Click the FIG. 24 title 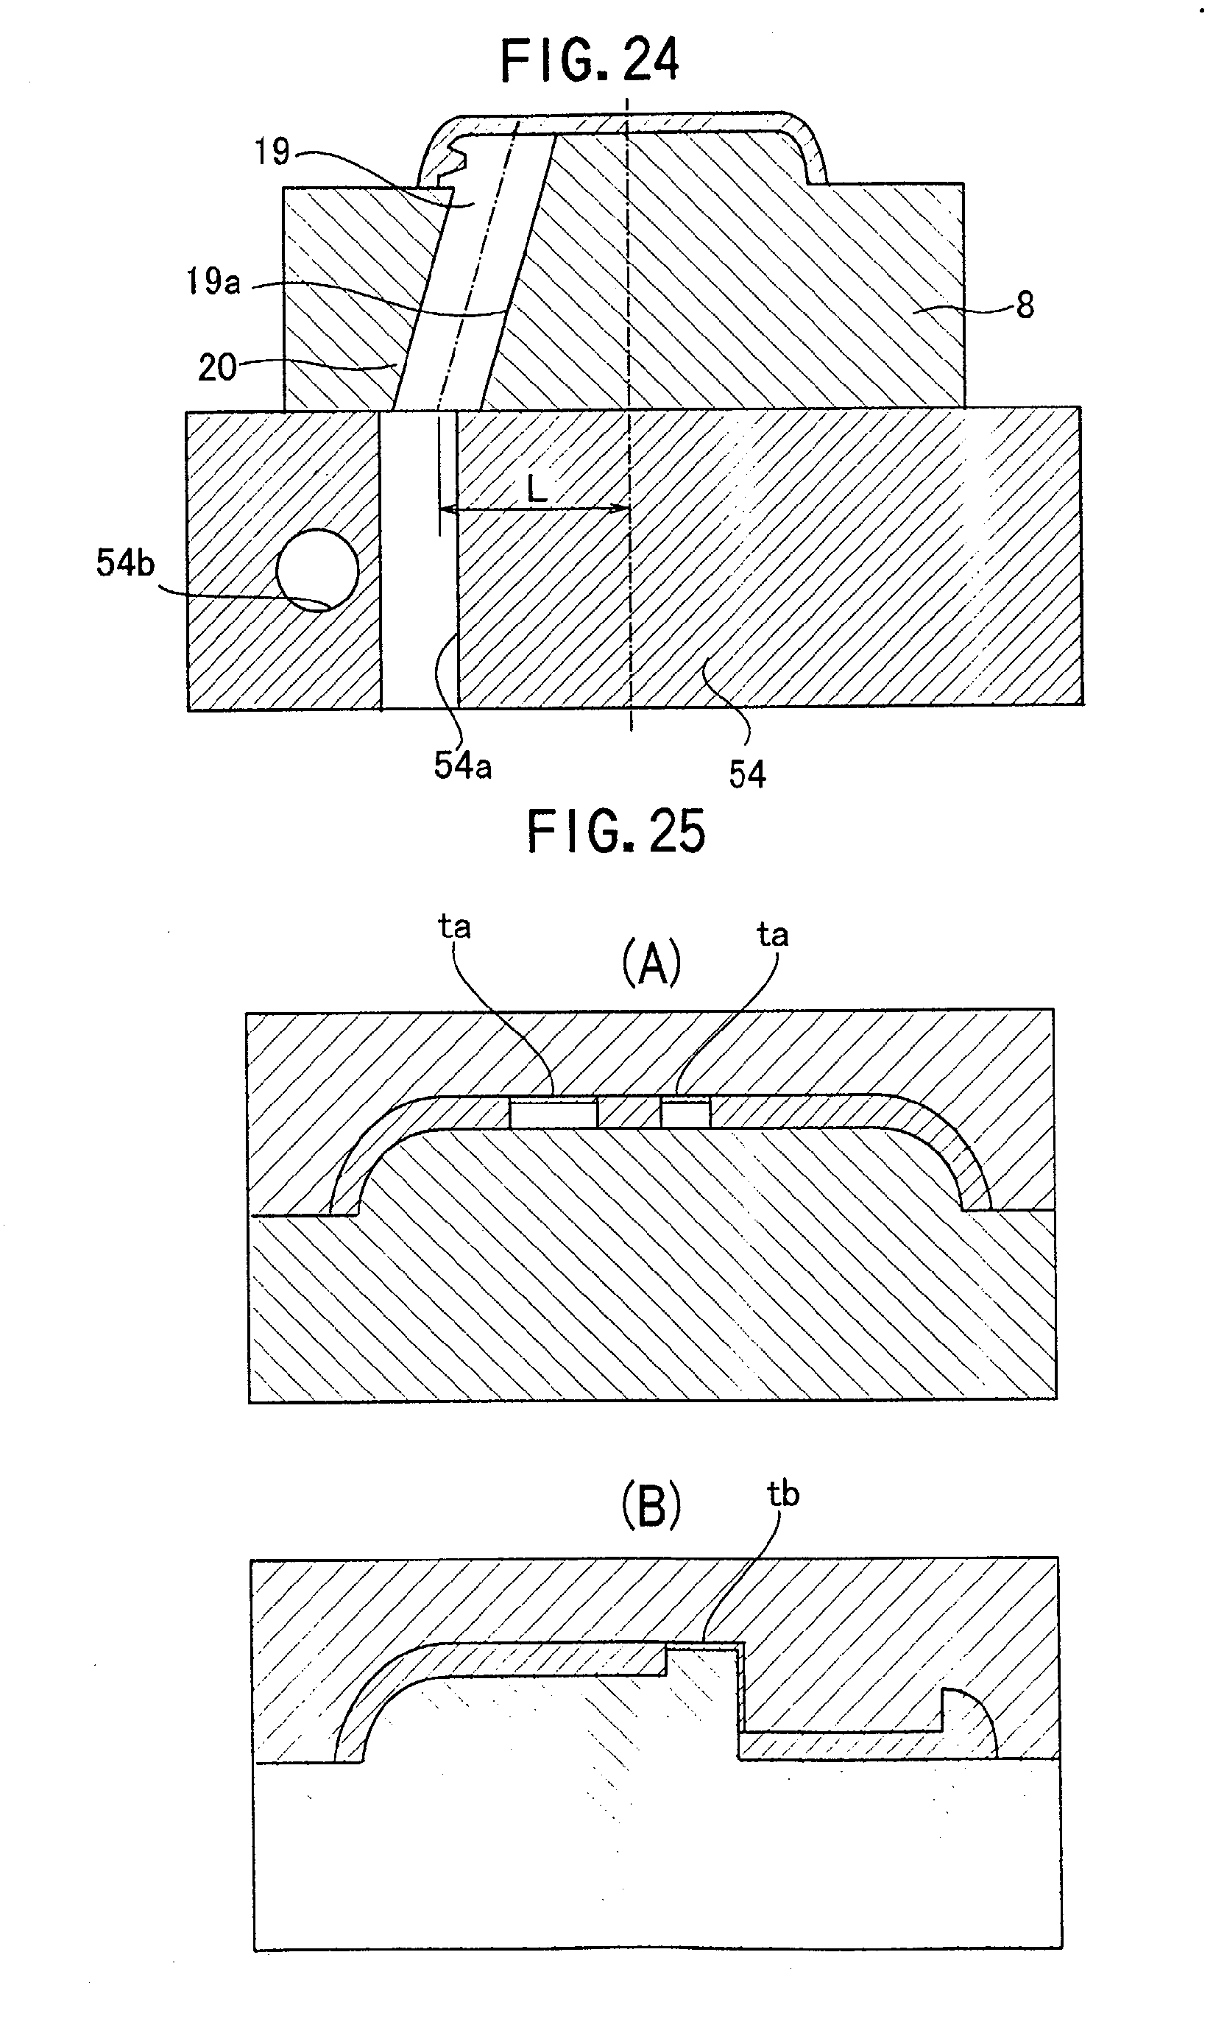point(590,60)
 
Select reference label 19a point(213,281)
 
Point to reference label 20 point(217,367)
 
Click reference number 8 point(1025,305)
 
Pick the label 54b point(125,562)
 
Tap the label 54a point(463,765)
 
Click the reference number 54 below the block point(747,774)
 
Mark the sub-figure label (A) point(651,963)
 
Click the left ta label point(454,927)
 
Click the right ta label point(772,934)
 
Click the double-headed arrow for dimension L point(534,509)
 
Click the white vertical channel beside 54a point(420,559)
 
